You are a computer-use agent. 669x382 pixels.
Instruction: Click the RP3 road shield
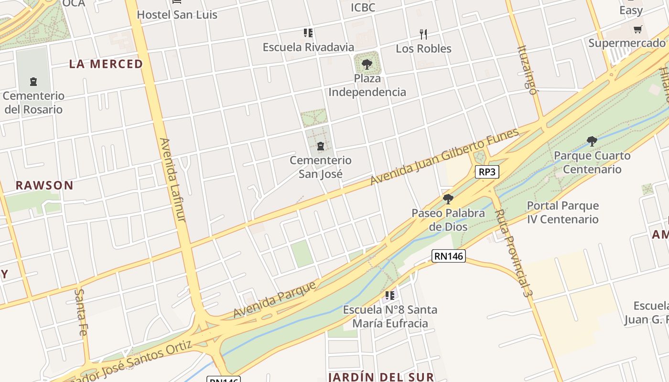[x=487, y=172]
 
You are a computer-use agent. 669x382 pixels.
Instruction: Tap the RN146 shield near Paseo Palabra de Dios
[x=448, y=256]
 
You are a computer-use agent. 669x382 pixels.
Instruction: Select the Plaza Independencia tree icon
[x=367, y=64]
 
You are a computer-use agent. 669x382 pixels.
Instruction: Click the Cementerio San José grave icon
[x=321, y=146]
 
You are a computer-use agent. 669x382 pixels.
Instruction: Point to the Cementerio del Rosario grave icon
[x=33, y=82]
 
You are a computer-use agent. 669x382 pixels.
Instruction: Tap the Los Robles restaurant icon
[x=423, y=34]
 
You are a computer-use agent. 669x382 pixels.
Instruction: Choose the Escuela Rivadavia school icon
[x=308, y=33]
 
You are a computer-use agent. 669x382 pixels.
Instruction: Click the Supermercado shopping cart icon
[x=637, y=30]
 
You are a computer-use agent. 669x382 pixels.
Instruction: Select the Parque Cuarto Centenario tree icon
[x=592, y=141]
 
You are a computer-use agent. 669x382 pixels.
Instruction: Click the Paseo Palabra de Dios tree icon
[x=448, y=199]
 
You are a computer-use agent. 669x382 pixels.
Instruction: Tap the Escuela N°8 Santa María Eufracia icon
[x=390, y=296]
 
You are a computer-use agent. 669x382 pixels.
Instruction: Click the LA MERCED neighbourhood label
[x=106, y=64]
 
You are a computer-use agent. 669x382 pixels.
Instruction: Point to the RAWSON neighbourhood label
[x=44, y=185]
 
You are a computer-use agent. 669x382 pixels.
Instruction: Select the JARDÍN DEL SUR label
[x=381, y=377]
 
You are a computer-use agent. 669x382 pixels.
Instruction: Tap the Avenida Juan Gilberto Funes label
[x=444, y=157]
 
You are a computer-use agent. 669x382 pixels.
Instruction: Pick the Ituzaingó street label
[x=527, y=70]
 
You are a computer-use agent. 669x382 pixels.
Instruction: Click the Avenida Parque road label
[x=275, y=299]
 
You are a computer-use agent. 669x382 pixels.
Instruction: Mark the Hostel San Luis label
[x=177, y=15]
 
